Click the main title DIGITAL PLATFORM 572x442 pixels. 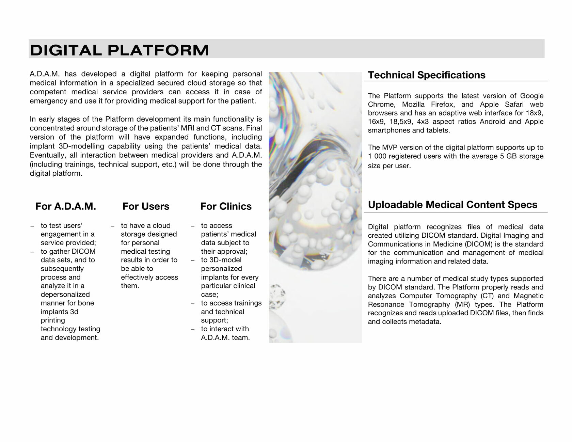coord(120,50)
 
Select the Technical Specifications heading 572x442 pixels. coord(427,75)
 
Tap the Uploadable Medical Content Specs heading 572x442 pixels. coord(452,205)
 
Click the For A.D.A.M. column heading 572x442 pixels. coord(66,206)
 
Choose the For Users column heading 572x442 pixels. coord(146,206)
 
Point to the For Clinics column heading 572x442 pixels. coord(226,206)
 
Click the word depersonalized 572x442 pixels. coord(65,295)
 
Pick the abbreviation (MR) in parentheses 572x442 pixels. coord(462,304)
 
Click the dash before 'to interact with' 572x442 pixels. coord(193,329)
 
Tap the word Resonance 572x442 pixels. coord(386,304)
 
